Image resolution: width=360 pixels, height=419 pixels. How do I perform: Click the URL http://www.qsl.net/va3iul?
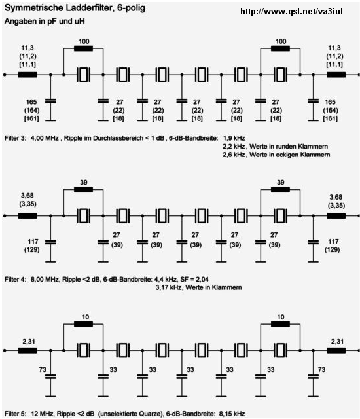[x=291, y=11]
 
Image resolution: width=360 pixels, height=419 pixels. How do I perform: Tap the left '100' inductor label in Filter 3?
[x=84, y=41]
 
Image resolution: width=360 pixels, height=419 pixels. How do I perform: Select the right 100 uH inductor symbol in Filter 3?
[x=280, y=48]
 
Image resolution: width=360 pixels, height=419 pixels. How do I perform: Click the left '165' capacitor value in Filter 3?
[x=31, y=102]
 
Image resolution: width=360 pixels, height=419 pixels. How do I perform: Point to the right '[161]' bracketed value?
[x=331, y=118]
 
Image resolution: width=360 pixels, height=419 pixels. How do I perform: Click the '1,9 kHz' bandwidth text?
[x=234, y=138]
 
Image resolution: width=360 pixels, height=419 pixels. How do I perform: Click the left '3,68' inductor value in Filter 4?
[x=27, y=196]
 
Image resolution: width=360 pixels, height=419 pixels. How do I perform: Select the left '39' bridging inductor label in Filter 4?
[x=84, y=183]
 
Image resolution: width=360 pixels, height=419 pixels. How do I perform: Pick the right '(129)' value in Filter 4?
[x=333, y=250]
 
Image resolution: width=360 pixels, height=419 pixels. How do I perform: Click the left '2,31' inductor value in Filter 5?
[x=29, y=342]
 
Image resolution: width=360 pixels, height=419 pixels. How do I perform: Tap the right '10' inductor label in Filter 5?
[x=281, y=317]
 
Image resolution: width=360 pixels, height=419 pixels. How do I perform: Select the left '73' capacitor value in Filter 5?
[x=43, y=369]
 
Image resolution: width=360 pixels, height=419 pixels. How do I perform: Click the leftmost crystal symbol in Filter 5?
[x=83, y=350]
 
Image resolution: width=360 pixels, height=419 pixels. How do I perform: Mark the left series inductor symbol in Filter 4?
[x=27, y=216]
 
